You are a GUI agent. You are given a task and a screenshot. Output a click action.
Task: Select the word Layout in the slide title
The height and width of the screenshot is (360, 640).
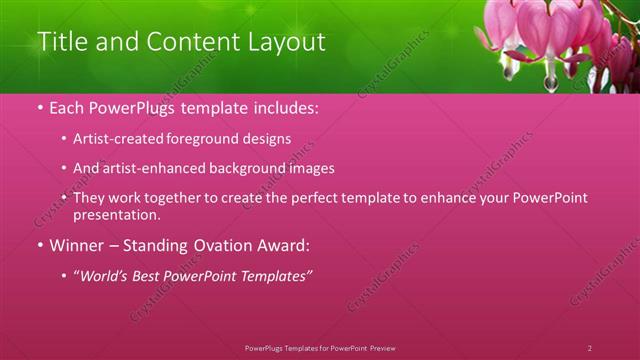pos(287,42)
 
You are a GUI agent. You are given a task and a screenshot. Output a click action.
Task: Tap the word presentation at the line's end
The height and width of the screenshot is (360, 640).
pos(115,215)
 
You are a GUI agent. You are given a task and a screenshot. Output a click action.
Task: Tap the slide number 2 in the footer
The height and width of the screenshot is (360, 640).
pos(589,348)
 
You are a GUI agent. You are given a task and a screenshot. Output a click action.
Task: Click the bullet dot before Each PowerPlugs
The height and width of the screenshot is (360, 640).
pos(39,108)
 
